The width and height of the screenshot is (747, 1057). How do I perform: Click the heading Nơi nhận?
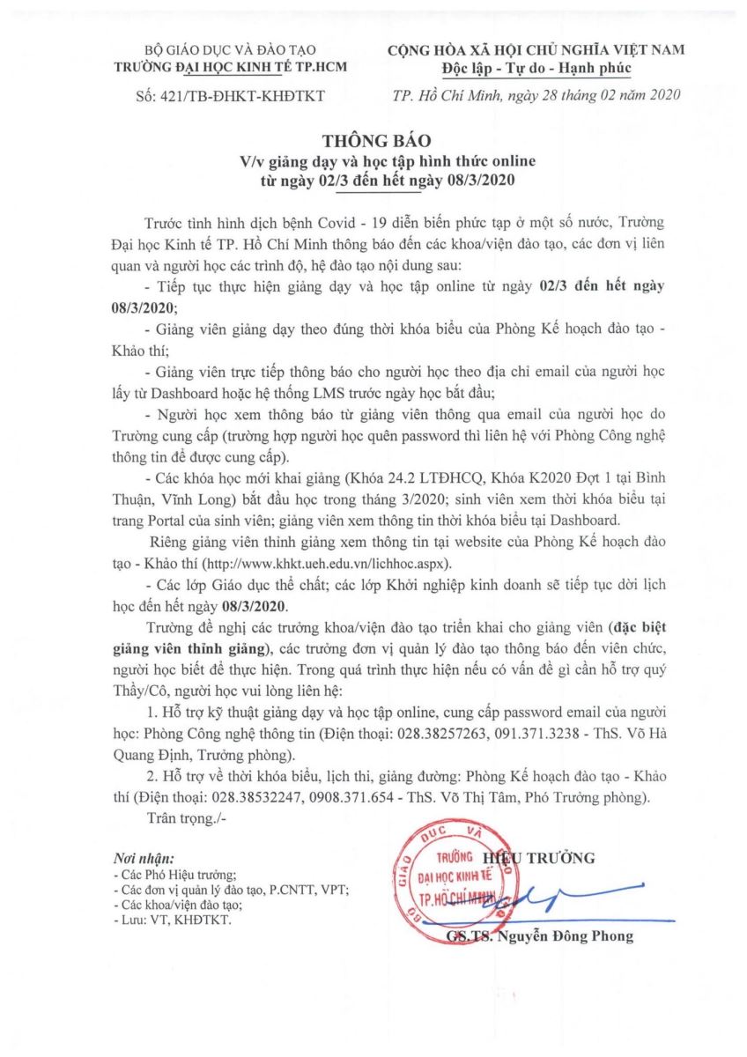(x=144, y=857)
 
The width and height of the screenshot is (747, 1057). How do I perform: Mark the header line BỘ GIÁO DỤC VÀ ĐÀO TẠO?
(x=231, y=50)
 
